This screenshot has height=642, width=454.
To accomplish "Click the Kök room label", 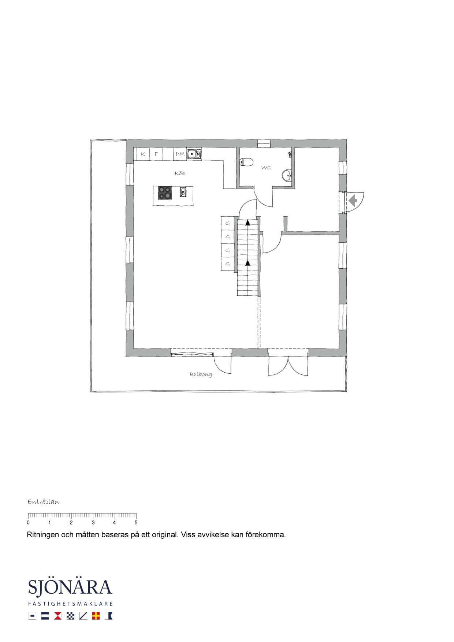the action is [x=180, y=173].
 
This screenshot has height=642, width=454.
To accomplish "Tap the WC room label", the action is [x=266, y=168].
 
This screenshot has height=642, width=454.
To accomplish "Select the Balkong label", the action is [x=201, y=374].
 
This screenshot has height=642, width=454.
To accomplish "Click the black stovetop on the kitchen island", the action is [x=165, y=193].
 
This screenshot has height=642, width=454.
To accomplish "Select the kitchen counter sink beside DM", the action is [x=194, y=154].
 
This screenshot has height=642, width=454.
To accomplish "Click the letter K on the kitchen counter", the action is [x=143, y=154].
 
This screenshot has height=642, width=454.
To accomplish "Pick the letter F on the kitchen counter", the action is [x=156, y=154].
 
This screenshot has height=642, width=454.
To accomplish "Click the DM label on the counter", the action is [x=180, y=154].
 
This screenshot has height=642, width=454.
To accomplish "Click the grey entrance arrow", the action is [x=353, y=201].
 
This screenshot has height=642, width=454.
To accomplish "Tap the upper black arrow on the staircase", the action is [x=248, y=222].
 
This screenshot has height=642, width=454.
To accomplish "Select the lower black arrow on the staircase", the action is [x=248, y=263].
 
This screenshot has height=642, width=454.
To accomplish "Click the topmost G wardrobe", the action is [x=227, y=223].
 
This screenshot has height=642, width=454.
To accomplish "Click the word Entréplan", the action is [x=44, y=502].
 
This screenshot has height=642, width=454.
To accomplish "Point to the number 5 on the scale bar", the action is [x=136, y=523].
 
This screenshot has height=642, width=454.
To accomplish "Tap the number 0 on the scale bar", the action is [x=28, y=523].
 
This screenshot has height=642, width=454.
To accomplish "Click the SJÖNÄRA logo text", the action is [x=70, y=587].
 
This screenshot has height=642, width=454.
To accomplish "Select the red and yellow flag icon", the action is [x=96, y=616].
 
